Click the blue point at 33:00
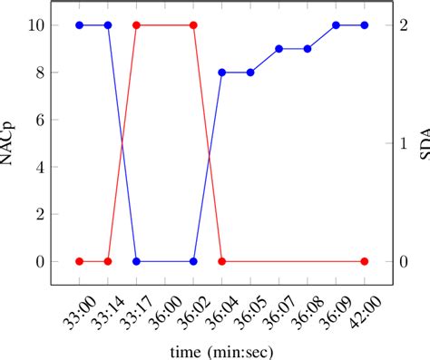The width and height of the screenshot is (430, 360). (79, 25)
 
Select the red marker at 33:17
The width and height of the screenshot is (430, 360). (136, 25)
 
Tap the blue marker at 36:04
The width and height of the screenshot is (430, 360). (221, 73)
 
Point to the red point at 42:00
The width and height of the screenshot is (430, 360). (365, 261)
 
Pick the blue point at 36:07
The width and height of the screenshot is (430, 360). (279, 49)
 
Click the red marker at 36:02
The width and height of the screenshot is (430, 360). (193, 25)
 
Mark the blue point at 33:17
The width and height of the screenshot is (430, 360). (136, 261)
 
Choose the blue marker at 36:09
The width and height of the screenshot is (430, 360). (336, 25)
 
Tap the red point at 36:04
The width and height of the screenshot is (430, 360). (221, 261)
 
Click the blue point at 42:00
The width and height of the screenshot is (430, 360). (365, 25)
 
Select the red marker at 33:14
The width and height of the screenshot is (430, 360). (108, 261)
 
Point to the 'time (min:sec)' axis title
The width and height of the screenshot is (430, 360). (221, 350)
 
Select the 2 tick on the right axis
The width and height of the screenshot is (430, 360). (404, 25)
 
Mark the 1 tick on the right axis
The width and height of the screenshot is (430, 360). (404, 143)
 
